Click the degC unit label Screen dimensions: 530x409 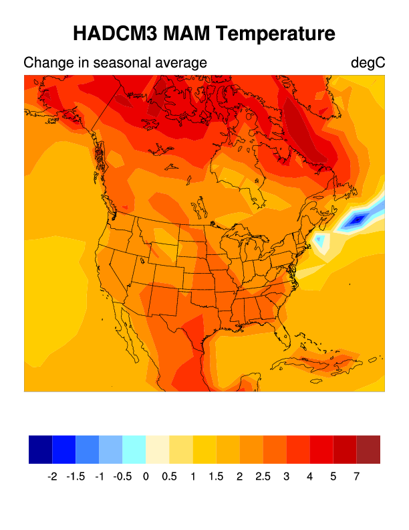[368, 63]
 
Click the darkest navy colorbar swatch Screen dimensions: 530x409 [40, 450]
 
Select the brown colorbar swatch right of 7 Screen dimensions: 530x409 [368, 450]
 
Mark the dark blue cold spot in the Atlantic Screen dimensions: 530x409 [358, 218]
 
